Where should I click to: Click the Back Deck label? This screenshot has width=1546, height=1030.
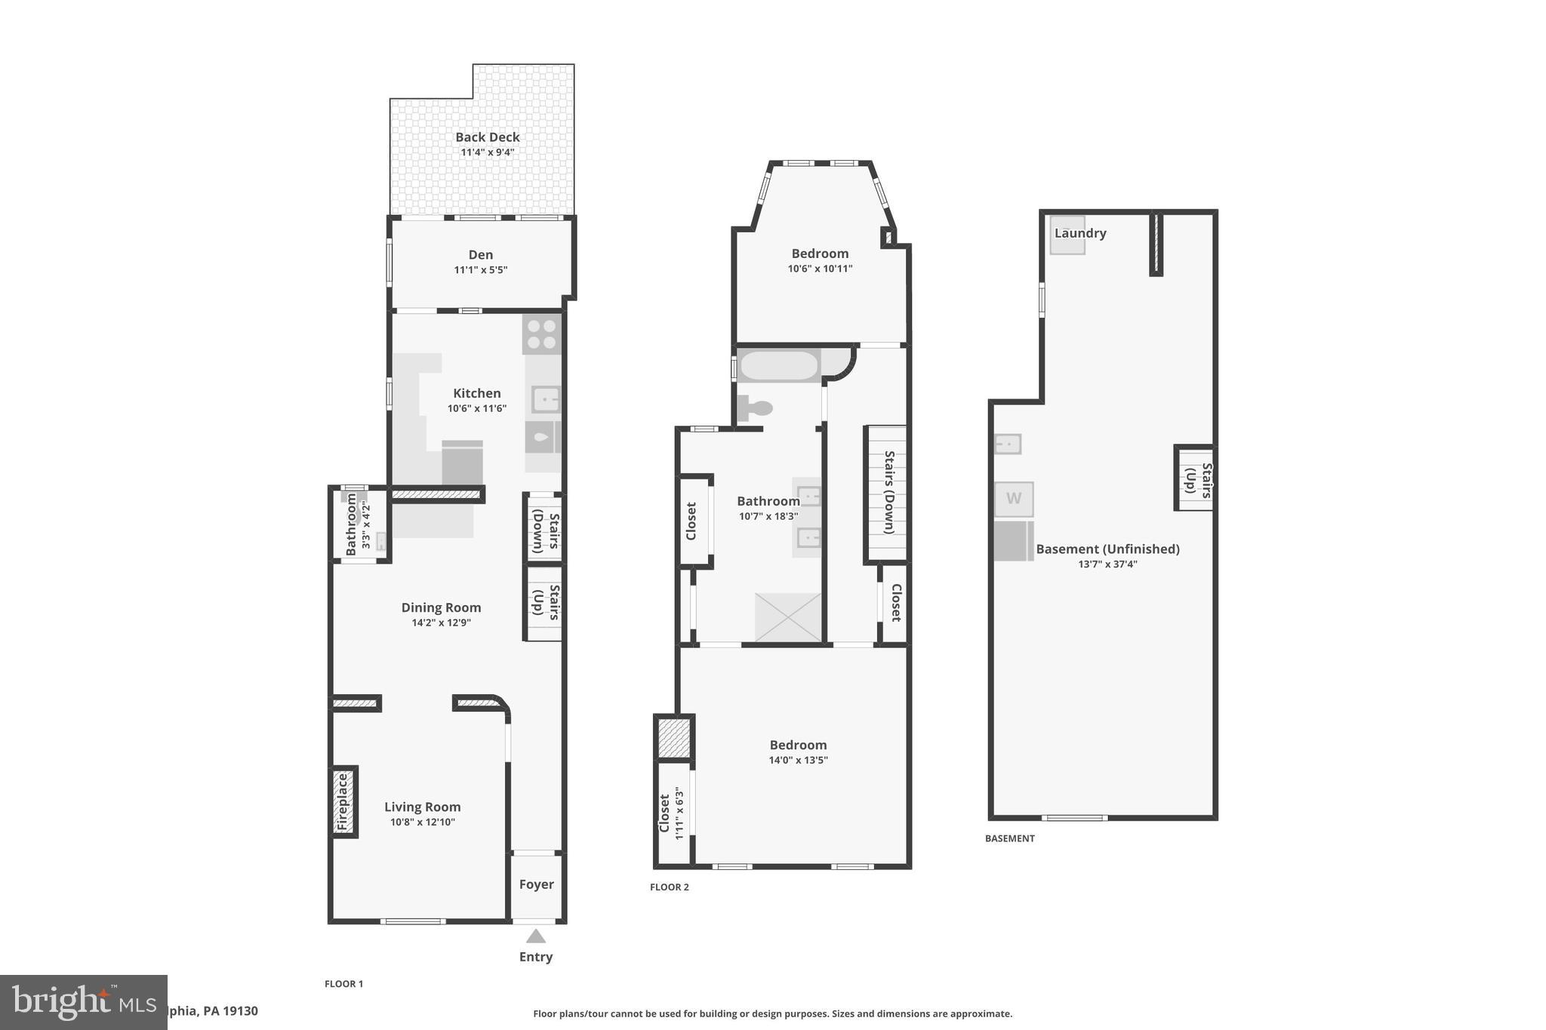pos(487,137)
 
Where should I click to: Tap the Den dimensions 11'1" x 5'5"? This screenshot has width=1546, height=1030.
pos(481,270)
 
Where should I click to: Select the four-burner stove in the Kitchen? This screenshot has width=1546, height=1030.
pos(541,334)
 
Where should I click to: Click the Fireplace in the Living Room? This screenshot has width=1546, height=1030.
pos(343,801)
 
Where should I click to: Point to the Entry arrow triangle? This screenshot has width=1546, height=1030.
pos(536,936)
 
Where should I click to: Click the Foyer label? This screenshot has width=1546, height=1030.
pos(536,884)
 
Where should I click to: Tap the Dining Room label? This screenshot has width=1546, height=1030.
pos(441,607)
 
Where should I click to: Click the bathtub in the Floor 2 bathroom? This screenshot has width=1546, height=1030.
pos(779,366)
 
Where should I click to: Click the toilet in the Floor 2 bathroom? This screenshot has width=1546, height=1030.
pos(756,408)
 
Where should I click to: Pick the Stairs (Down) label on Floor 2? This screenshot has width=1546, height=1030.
pos(888,493)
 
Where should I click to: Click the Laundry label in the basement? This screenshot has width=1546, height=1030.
pos(1080,233)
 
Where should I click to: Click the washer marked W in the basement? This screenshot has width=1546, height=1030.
pos(1013,499)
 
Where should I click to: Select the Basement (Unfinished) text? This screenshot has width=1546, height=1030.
pos(1107,549)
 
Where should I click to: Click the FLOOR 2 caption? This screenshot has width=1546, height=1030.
pos(670,887)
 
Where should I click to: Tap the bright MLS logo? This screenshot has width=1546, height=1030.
pos(83,1002)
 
